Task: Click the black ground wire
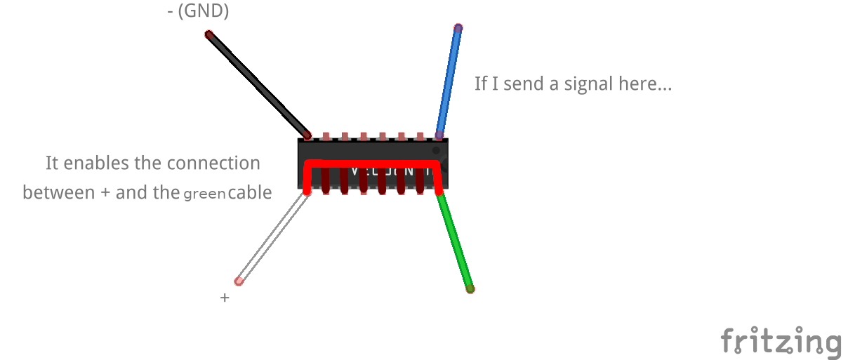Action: point(258,84)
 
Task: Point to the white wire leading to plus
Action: point(272,236)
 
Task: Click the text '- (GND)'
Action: point(198,11)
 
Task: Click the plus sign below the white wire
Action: point(225,298)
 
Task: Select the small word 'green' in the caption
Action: point(204,194)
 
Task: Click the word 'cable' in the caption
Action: point(249,192)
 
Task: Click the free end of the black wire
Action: point(208,34)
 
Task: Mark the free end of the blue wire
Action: point(458,28)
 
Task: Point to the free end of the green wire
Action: point(470,288)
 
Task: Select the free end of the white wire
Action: point(239,281)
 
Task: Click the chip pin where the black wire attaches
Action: point(307,135)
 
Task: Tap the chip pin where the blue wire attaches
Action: point(439,135)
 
